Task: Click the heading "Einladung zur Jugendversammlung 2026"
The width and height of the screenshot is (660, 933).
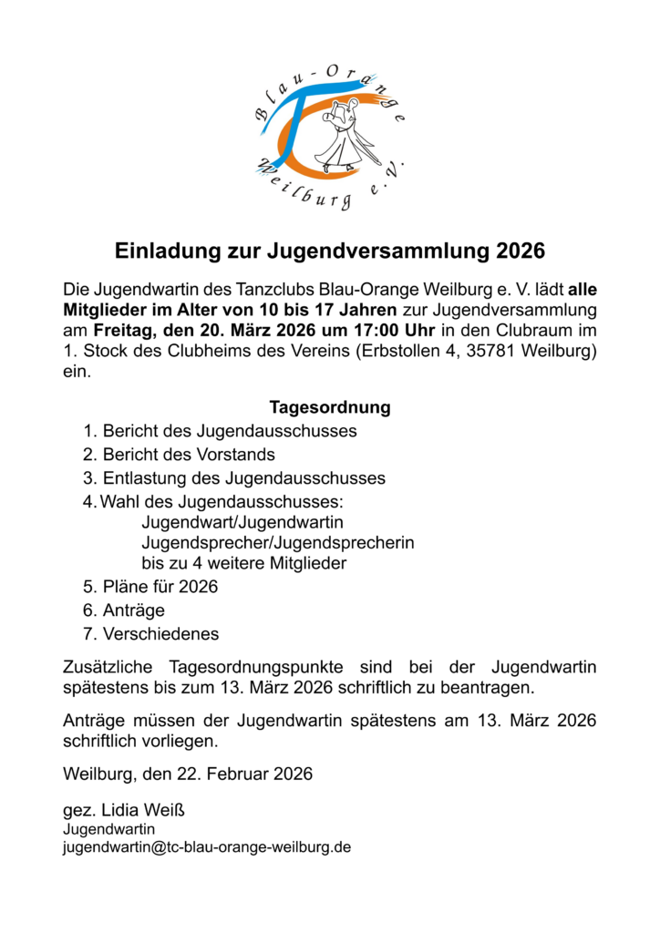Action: coord(329,250)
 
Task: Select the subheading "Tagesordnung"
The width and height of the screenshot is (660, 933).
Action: coord(329,407)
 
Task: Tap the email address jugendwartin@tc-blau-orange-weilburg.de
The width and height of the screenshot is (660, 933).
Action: coord(206,846)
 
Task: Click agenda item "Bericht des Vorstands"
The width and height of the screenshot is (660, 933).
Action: coord(189,454)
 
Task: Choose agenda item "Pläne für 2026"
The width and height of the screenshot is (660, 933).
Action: coord(160,587)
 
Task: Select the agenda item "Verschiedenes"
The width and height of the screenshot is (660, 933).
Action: coord(160,633)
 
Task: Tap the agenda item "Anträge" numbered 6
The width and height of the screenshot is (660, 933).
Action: coord(134,610)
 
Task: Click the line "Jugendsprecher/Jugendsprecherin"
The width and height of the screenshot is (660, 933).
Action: coord(278,542)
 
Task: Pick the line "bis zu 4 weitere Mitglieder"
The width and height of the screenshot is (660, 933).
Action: coord(244,564)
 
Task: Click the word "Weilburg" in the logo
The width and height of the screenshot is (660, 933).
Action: coord(304,188)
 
